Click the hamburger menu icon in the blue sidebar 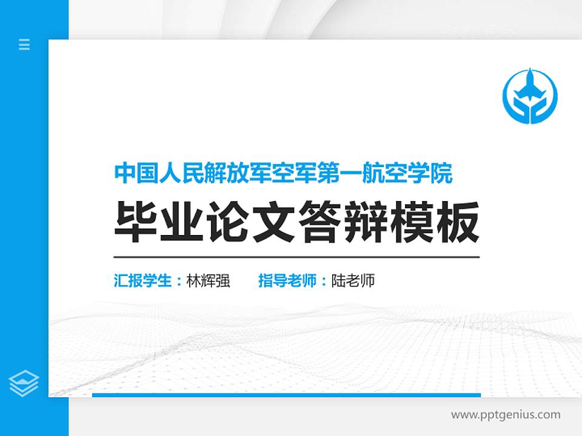(x=24, y=44)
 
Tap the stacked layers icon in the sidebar (x=24, y=383)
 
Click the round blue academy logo (x=530, y=95)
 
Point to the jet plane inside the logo (x=530, y=88)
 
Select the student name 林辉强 (x=209, y=281)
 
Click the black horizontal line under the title (x=296, y=257)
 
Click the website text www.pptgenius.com (x=506, y=415)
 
